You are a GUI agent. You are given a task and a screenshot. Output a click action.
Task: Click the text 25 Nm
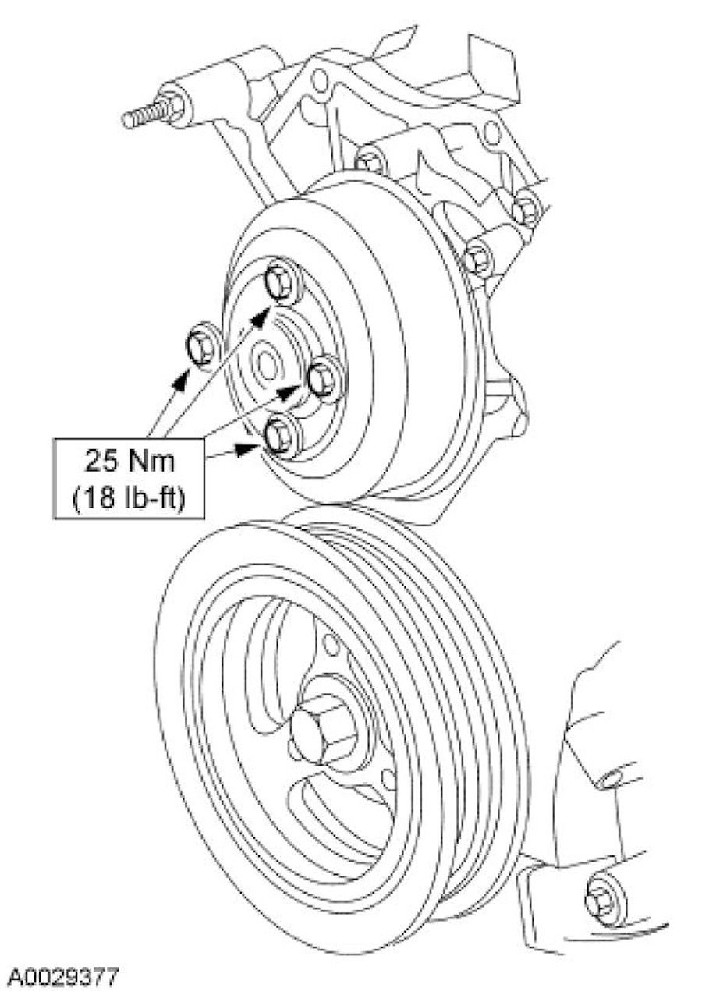tap(129, 461)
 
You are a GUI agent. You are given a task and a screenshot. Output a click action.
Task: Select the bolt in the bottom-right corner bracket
tap(603, 898)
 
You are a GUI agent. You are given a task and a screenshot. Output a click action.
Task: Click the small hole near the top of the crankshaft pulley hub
tap(331, 644)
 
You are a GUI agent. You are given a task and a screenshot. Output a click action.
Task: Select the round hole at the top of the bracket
tap(319, 79)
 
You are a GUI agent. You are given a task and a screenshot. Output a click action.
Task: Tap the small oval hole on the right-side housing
tap(613, 777)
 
